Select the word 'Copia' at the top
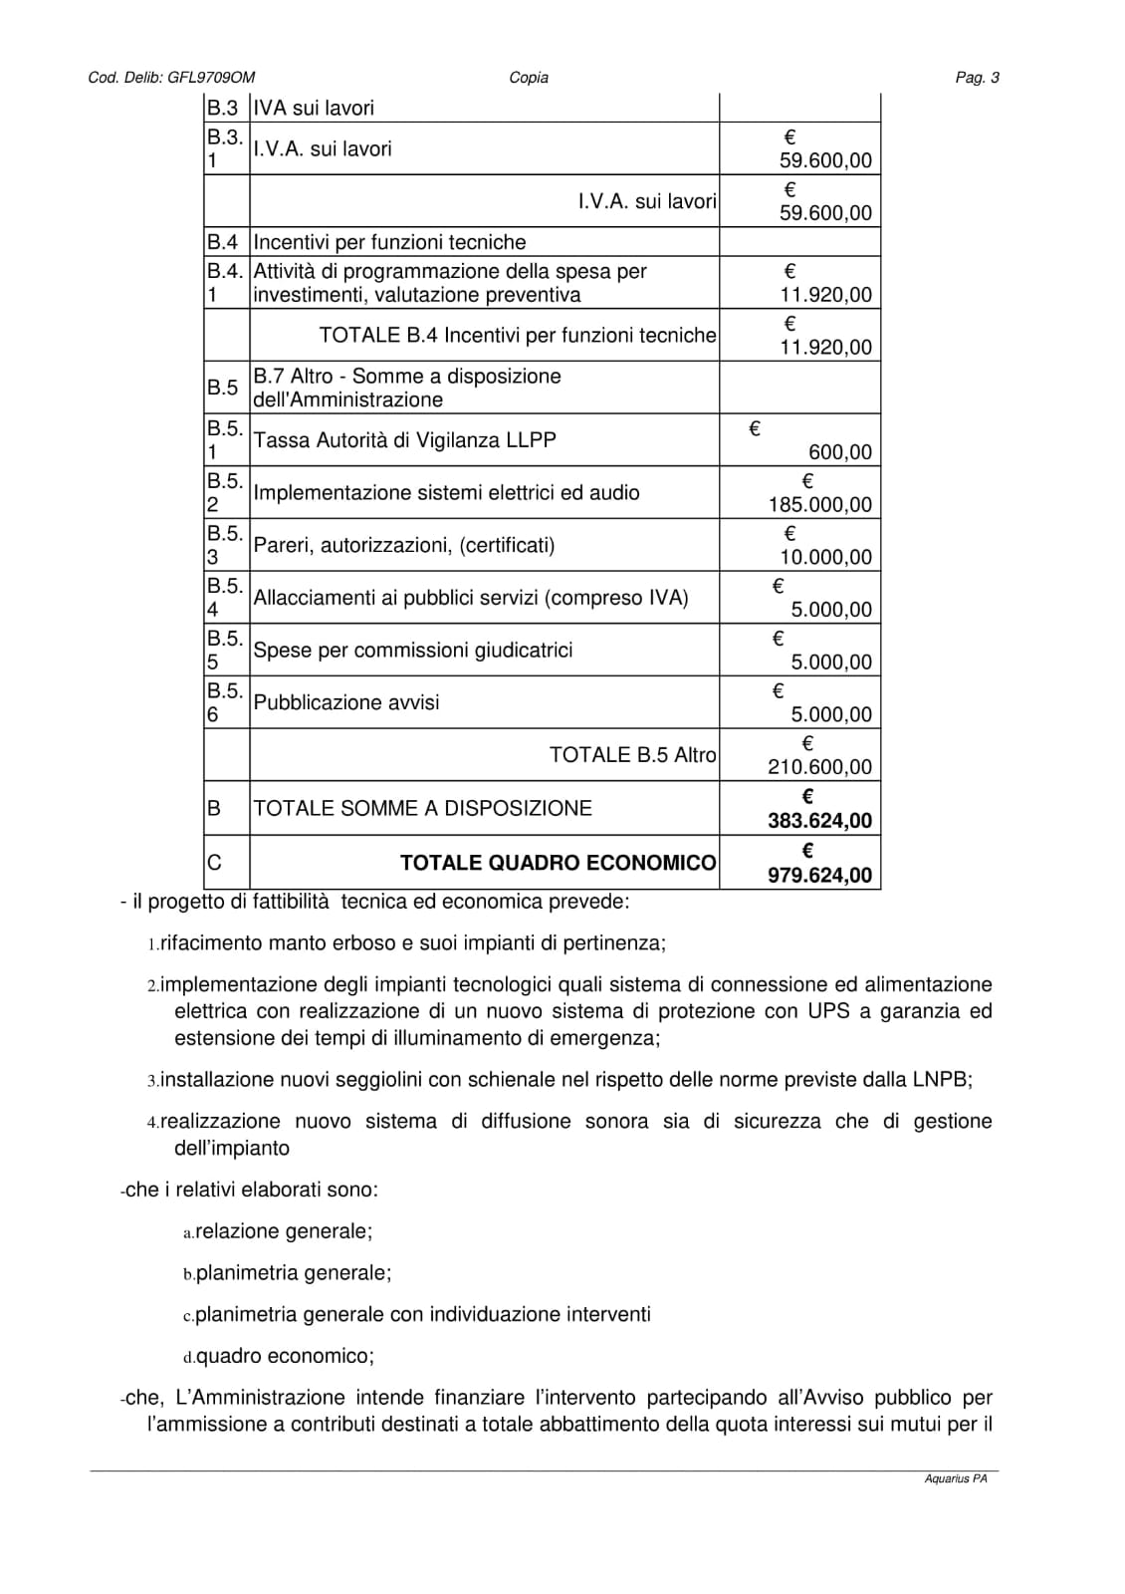tap(529, 78)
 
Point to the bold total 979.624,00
tap(819, 876)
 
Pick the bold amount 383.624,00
tap(819, 821)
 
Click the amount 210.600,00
tap(819, 767)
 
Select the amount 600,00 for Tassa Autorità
tap(840, 452)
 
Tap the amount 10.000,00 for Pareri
tap(825, 558)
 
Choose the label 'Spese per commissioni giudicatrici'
tap(413, 651)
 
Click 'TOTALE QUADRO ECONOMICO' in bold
tap(558, 863)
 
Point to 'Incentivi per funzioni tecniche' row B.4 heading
tap(389, 242)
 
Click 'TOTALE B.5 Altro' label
tap(632, 755)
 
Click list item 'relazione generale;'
tap(284, 1231)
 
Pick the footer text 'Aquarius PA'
tap(955, 1479)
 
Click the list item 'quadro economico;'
tap(285, 1356)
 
